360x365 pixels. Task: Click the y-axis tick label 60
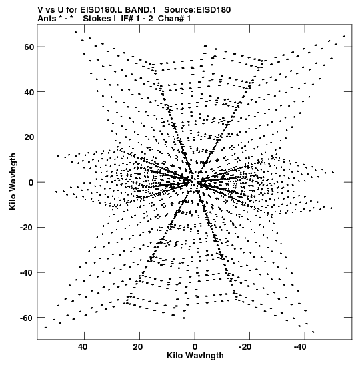[29, 47]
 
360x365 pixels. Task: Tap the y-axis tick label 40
[29, 92]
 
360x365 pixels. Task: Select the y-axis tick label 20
[29, 137]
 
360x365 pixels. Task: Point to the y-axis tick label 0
[31, 183]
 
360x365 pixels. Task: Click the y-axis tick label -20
[27, 228]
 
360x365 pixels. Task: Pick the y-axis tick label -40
[27, 273]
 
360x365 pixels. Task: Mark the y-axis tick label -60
[27, 318]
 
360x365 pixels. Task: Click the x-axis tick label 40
[83, 347]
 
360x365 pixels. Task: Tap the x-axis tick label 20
[138, 347]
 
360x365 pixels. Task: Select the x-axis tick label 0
[195, 347]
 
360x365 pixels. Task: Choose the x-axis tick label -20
[245, 347]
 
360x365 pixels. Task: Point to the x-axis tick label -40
[300, 347]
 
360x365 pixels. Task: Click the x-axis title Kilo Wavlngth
[195, 356]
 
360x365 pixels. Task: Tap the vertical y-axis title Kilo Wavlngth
[13, 181]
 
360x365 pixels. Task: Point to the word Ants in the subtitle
[47, 19]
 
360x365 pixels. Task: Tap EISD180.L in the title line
[101, 10]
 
